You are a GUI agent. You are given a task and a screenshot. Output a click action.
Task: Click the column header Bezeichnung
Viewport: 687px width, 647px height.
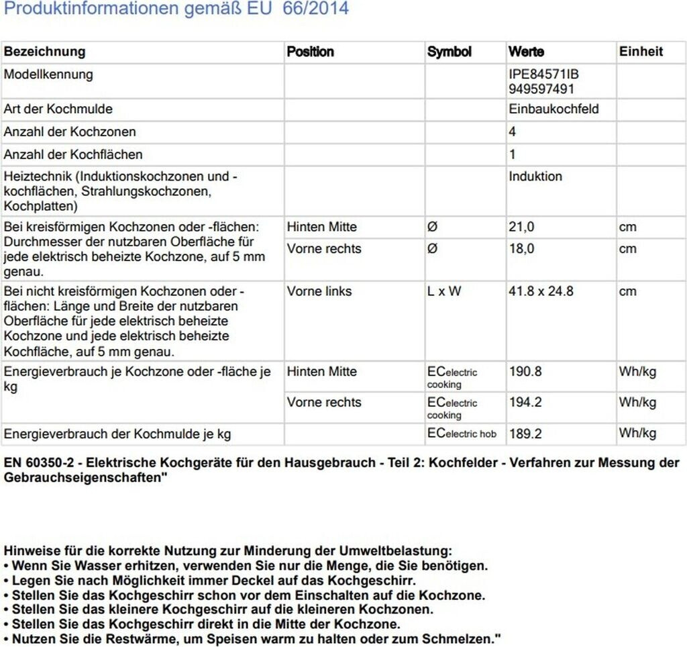pyautogui.click(x=45, y=52)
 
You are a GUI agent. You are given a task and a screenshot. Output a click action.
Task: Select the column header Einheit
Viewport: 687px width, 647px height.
pyautogui.click(x=641, y=52)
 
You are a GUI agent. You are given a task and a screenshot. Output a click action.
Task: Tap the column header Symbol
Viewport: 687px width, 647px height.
pyautogui.click(x=450, y=52)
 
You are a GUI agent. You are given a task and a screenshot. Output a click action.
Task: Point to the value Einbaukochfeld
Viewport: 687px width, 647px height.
pyautogui.click(x=553, y=109)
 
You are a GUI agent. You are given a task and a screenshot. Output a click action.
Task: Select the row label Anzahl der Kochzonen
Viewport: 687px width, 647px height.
pyautogui.click(x=70, y=132)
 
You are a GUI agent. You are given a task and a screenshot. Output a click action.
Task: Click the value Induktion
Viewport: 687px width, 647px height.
pyautogui.click(x=535, y=177)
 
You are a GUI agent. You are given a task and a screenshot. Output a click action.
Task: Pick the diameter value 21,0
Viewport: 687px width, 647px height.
pyautogui.click(x=521, y=227)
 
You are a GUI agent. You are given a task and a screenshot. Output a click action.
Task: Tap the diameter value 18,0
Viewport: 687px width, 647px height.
pyautogui.click(x=521, y=249)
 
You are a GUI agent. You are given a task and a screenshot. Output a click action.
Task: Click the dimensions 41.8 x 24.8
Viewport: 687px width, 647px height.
pyautogui.click(x=541, y=291)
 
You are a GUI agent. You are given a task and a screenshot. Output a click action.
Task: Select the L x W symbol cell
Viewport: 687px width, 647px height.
pyautogui.click(x=444, y=291)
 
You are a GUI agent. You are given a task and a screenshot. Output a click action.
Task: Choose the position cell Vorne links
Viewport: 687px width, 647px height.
pyautogui.click(x=319, y=291)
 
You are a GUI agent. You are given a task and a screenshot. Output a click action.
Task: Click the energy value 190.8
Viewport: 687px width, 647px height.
pyautogui.click(x=525, y=372)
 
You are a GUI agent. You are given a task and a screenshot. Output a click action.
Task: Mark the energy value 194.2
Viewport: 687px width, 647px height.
pyautogui.click(x=525, y=403)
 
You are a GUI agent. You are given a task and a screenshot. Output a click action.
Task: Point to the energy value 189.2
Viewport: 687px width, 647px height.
pyautogui.click(x=525, y=434)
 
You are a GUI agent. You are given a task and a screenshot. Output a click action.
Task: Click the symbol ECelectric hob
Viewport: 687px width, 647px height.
pyautogui.click(x=462, y=434)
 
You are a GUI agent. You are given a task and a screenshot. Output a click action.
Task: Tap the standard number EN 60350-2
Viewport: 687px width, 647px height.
pyautogui.click(x=41, y=463)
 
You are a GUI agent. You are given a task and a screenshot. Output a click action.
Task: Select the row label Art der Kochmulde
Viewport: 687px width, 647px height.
pyautogui.click(x=58, y=109)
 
